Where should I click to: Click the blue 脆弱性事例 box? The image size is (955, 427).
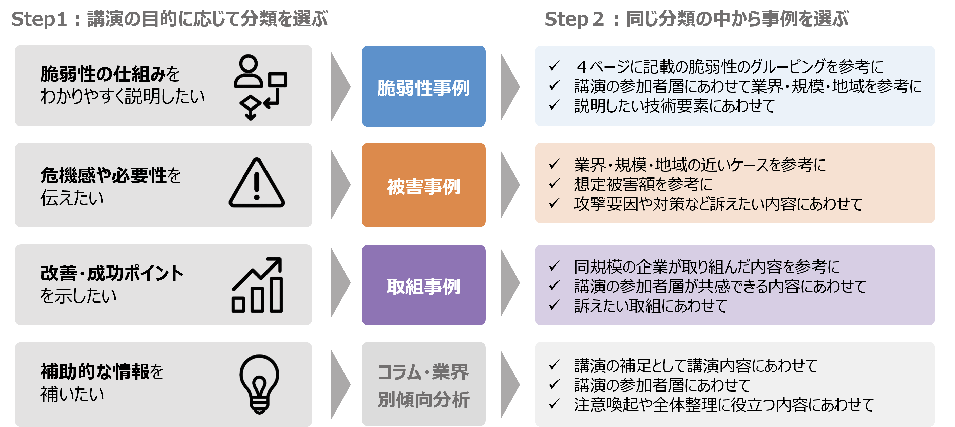[x=423, y=86]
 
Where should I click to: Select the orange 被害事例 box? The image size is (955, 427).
[x=423, y=185]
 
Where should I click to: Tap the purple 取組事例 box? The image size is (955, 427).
[x=423, y=285]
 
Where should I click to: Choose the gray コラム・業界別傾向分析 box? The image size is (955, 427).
[x=423, y=384]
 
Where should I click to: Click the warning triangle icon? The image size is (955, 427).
[x=257, y=184]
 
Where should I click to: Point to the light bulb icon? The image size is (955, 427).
[x=259, y=384]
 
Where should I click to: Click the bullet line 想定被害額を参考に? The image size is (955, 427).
[x=643, y=184]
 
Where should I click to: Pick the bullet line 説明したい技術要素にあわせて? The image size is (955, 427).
[x=674, y=106]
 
